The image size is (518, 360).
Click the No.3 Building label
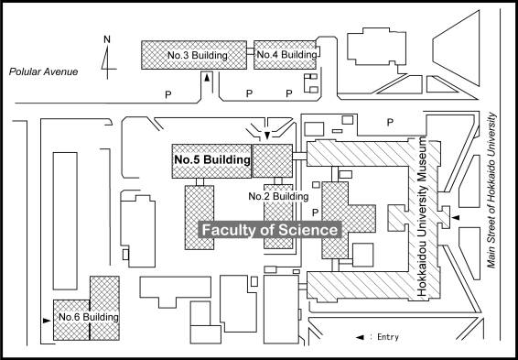197,55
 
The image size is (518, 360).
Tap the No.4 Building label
286,55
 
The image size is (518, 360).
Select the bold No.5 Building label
212,159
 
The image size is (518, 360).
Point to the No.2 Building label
278,196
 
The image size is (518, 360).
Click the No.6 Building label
89,317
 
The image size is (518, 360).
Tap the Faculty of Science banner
270,230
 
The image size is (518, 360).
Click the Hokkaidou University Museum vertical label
423,217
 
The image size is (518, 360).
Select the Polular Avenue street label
43,71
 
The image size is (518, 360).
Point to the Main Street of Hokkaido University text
491,191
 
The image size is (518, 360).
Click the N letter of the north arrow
107,39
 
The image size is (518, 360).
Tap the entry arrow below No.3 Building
207,79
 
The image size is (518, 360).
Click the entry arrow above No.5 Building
267,136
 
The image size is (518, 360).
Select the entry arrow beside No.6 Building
47,321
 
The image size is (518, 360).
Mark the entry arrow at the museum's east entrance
456,217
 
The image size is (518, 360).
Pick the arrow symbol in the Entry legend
360,337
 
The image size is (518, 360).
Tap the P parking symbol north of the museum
390,123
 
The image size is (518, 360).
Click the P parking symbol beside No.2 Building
316,213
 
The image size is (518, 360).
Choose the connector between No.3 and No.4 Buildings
250,51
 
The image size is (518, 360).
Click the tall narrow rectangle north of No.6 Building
65,221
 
